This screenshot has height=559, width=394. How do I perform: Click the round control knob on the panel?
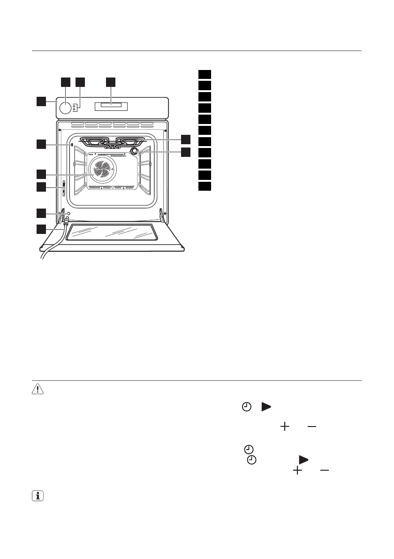[x=66, y=108]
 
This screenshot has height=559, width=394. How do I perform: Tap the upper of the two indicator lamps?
[x=75, y=106]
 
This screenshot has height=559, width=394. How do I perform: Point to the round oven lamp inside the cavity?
[x=135, y=151]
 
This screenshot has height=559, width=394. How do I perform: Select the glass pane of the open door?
[x=111, y=233]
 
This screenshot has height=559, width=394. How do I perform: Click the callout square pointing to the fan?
[x=42, y=174]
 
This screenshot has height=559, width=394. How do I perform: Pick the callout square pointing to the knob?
[x=66, y=82]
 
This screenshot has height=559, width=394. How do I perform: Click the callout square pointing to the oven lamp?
[x=187, y=152]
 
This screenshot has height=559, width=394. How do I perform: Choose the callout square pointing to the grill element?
[x=187, y=139]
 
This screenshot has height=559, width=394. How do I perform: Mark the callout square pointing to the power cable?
[x=42, y=230]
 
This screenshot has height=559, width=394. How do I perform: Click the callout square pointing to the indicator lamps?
[x=80, y=82]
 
